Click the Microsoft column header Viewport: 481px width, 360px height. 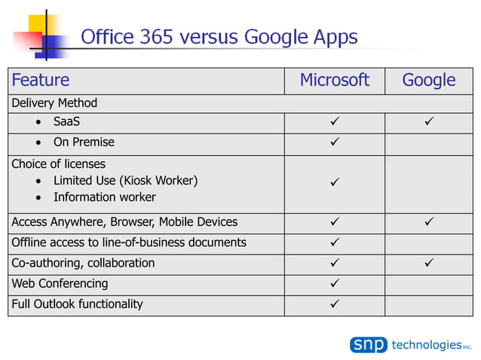pyautogui.click(x=334, y=81)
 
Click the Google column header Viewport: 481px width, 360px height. pyautogui.click(x=428, y=81)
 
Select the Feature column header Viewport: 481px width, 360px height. pyautogui.click(x=41, y=81)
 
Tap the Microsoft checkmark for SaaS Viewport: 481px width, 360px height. pyautogui.click(x=335, y=122)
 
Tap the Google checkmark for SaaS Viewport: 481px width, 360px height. pyautogui.click(x=429, y=122)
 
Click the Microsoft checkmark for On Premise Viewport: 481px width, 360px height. pyautogui.click(x=335, y=142)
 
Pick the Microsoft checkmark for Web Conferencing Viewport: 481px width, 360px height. pyautogui.click(x=335, y=284)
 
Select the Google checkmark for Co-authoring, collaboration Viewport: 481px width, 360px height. pyautogui.click(x=429, y=264)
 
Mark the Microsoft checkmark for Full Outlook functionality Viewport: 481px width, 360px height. pyautogui.click(x=335, y=304)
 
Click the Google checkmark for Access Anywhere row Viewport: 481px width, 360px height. pyautogui.click(x=429, y=222)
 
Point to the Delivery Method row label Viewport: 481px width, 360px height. pyautogui.click(x=54, y=102)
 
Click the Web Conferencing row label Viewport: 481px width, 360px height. pyautogui.click(x=60, y=284)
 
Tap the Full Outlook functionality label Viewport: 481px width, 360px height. pyautogui.click(x=77, y=304)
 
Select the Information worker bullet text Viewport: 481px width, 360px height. pyautogui.click(x=104, y=197)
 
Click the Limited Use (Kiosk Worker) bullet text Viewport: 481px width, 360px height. pyautogui.click(x=125, y=181)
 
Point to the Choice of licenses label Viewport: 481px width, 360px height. pyautogui.click(x=58, y=163)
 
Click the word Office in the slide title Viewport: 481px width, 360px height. pyautogui.click(x=106, y=36)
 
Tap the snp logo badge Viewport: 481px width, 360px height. pyautogui.click(x=368, y=345)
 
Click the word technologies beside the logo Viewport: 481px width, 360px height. pyautogui.click(x=426, y=345)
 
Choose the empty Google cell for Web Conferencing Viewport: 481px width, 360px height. pyautogui.click(x=429, y=284)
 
